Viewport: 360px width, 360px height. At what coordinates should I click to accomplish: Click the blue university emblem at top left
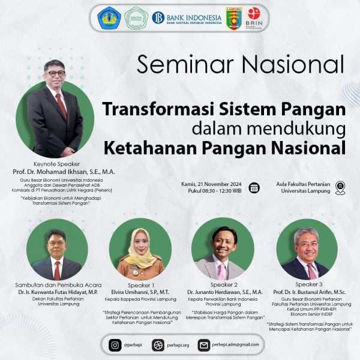point(110,17)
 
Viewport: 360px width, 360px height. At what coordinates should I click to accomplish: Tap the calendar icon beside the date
point(254,187)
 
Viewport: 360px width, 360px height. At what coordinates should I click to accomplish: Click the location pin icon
point(340,187)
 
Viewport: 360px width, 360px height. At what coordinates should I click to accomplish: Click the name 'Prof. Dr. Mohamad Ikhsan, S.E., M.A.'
point(64,172)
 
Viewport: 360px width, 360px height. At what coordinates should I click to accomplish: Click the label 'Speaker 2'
point(224,284)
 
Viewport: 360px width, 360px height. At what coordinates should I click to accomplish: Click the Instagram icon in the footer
point(115,345)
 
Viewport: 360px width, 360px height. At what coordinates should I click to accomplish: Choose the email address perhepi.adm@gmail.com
point(238,345)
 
